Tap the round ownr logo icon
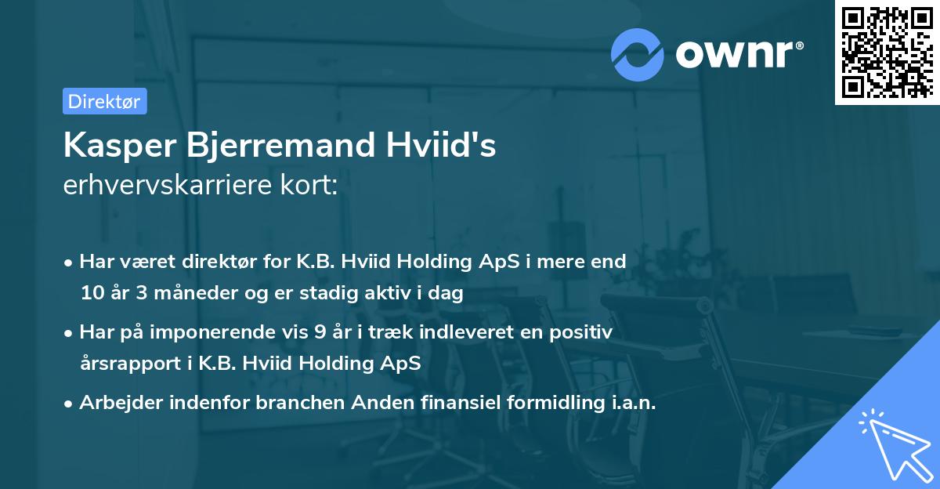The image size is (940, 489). (638, 53)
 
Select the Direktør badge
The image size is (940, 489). (104, 101)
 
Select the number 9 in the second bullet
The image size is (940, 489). (320, 332)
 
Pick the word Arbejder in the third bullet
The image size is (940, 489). (115, 403)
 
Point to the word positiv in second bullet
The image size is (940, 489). (584, 332)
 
